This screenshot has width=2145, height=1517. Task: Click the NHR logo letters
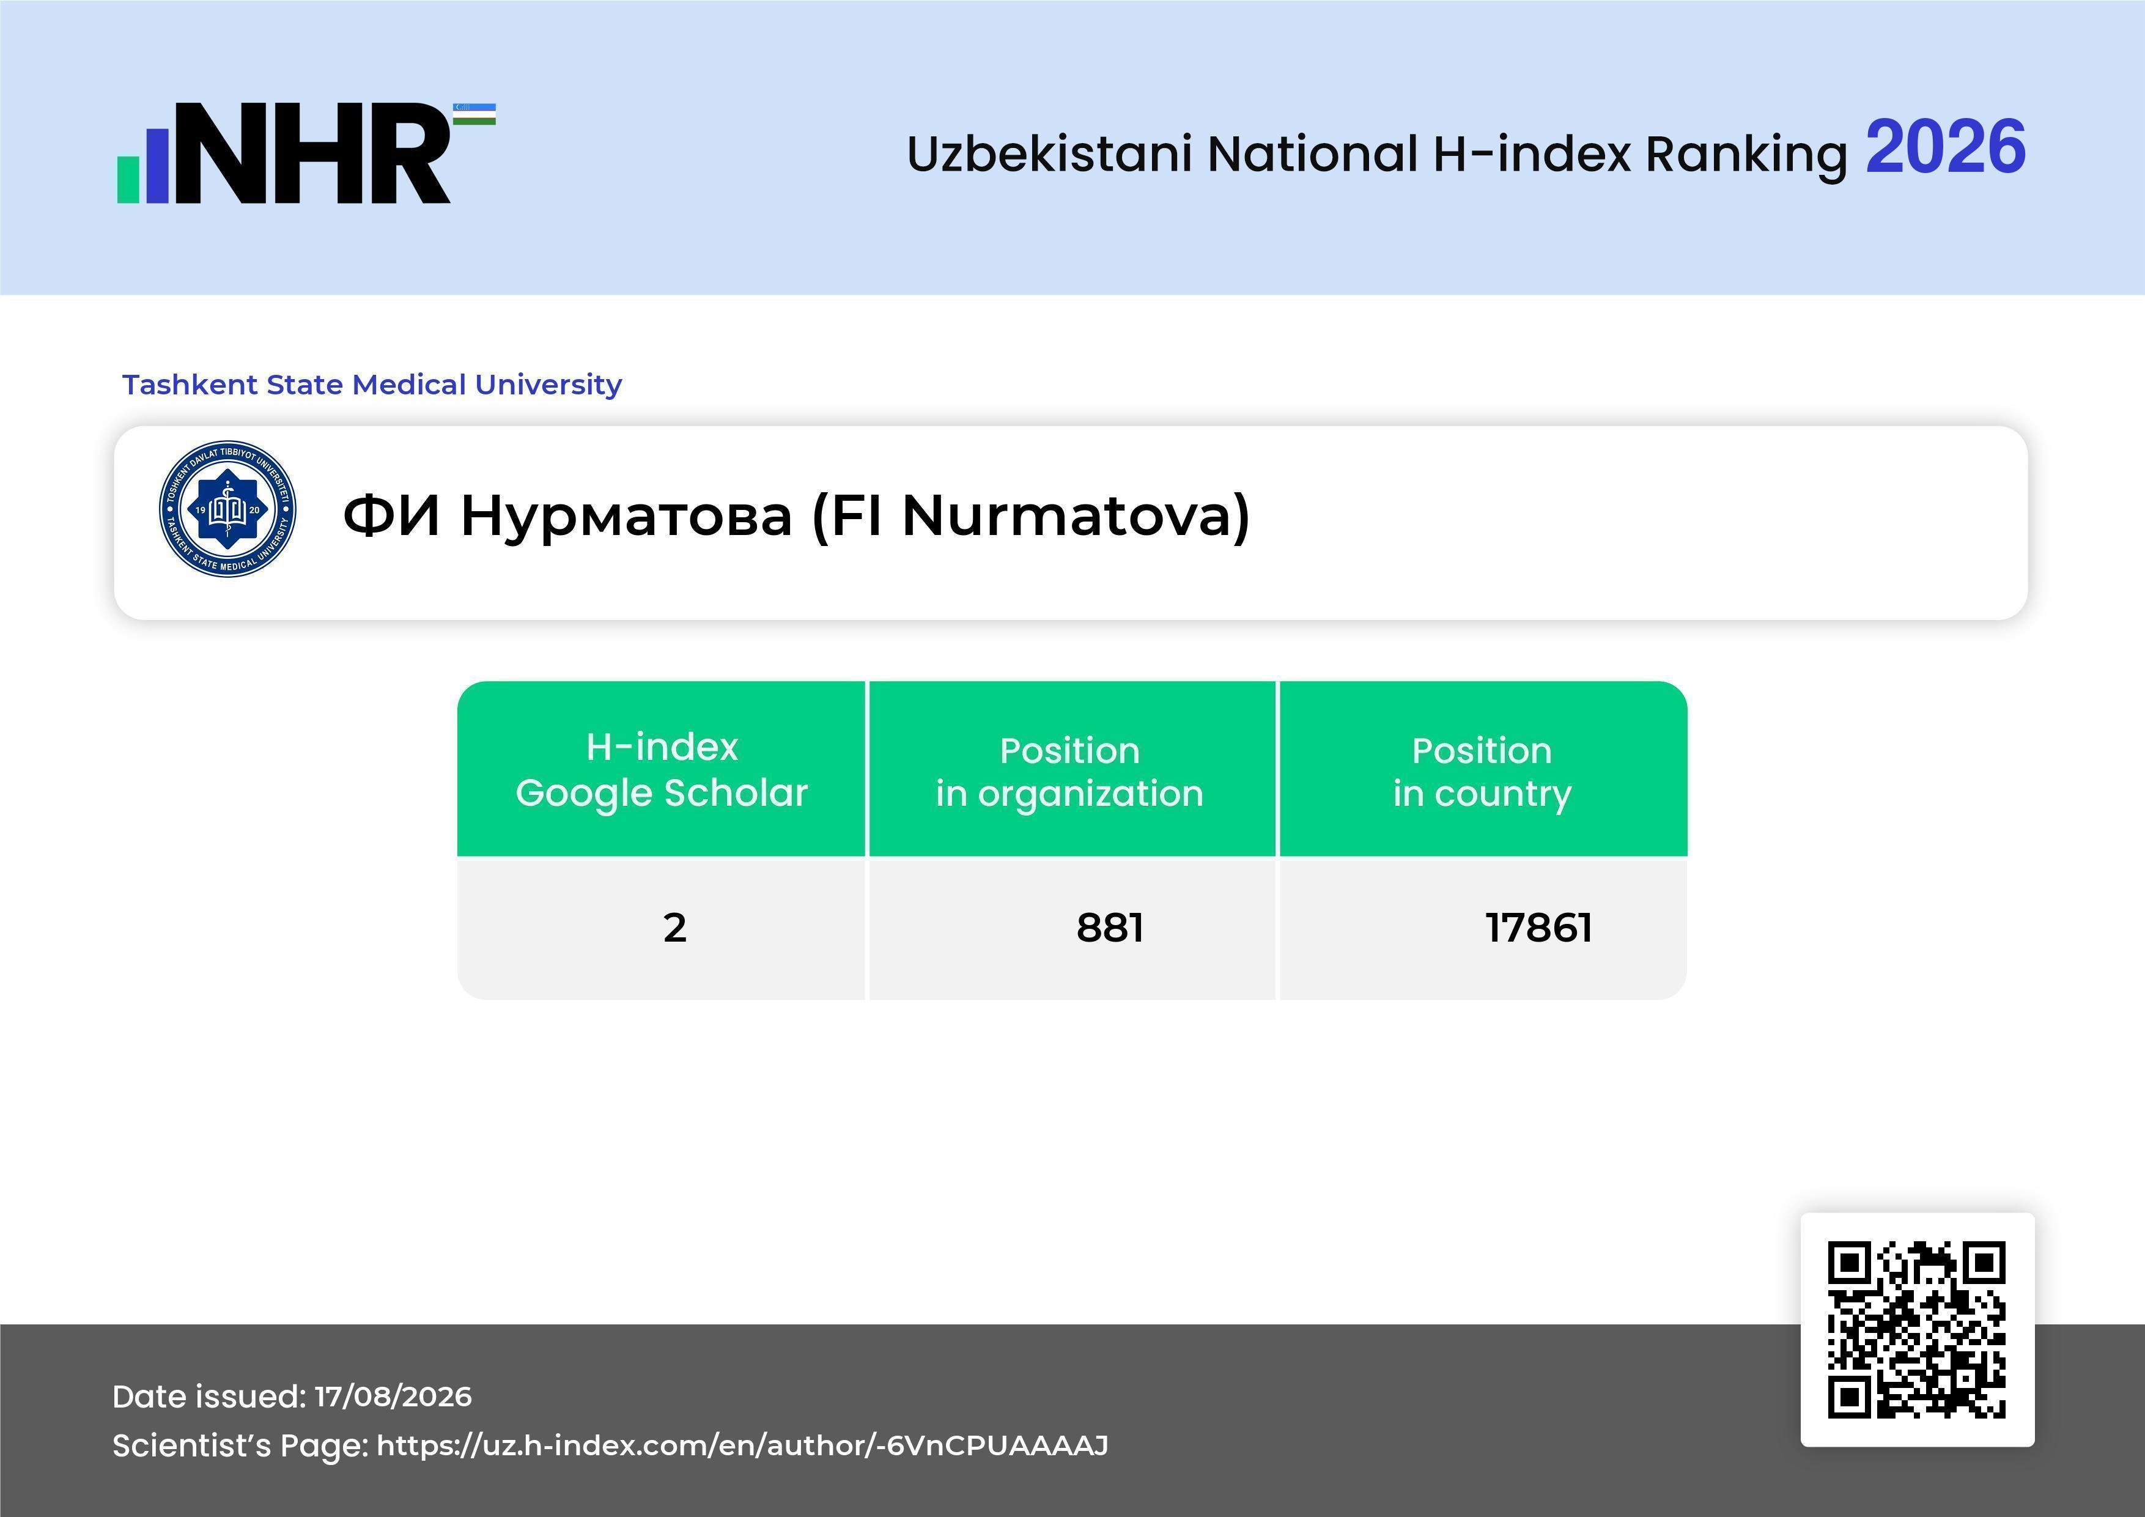[313, 153]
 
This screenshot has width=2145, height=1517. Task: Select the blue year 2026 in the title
[1945, 147]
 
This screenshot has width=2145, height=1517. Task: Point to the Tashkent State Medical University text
[372, 385]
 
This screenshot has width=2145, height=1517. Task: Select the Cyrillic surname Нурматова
[626, 517]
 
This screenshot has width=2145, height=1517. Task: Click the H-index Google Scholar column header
[662, 770]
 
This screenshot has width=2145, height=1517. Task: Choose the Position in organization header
[1069, 772]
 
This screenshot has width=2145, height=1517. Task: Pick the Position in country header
[1482, 772]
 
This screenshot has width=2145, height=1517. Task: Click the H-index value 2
[674, 928]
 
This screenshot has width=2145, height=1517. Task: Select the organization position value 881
[1110, 928]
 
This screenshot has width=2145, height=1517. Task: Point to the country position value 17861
[1538, 928]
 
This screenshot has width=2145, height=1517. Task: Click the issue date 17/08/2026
[393, 1397]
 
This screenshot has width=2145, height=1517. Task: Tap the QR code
[1917, 1329]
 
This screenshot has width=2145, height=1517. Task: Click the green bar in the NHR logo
[128, 179]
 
